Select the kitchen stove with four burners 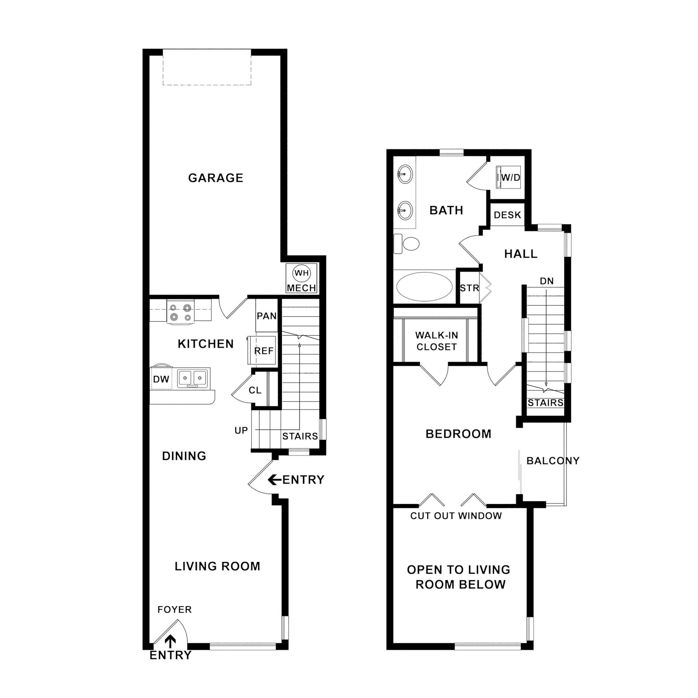181,312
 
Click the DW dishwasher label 161,379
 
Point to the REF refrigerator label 264,351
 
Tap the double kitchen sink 193,378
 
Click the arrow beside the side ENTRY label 274,480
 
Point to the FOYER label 174,610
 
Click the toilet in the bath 406,244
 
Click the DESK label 508,215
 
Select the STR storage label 469,288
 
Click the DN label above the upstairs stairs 547,281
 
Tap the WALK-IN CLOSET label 436,341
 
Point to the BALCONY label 553,461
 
